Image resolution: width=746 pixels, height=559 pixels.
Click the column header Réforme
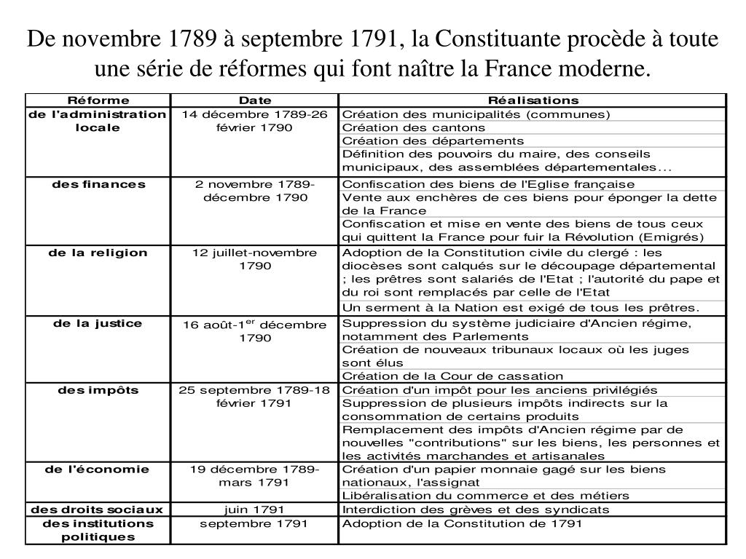(x=98, y=100)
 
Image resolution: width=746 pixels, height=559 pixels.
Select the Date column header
(x=255, y=100)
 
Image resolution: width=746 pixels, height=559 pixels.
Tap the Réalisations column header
(x=533, y=100)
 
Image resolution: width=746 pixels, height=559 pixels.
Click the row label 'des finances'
(x=98, y=184)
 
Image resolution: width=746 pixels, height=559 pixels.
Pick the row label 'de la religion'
(x=98, y=253)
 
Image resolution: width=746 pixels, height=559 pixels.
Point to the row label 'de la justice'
(x=98, y=323)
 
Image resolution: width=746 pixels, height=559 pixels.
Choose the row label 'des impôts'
(x=98, y=390)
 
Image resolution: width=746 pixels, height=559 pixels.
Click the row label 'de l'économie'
(x=98, y=469)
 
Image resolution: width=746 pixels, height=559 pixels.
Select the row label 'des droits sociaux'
(x=98, y=510)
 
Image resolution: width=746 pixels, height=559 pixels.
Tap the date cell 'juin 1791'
(x=255, y=510)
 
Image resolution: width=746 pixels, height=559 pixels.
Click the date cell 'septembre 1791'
(x=255, y=523)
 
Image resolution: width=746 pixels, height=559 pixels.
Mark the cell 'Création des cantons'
(x=414, y=127)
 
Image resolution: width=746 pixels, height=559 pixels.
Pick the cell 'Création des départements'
(x=433, y=140)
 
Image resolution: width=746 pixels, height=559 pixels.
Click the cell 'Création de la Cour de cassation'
(x=452, y=376)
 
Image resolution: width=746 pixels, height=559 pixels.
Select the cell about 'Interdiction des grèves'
(x=486, y=510)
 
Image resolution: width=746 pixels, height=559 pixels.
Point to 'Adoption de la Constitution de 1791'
(x=463, y=523)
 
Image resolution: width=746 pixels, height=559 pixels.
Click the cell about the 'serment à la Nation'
(x=521, y=307)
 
